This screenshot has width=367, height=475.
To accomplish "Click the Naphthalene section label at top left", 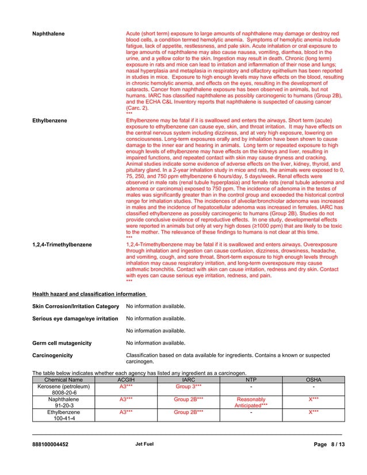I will tap(48, 35).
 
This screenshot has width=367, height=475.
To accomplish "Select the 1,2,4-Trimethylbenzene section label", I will tap(62, 245).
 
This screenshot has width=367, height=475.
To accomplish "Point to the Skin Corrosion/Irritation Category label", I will tap(75, 306).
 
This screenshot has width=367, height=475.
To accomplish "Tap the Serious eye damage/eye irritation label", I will tap(75, 319).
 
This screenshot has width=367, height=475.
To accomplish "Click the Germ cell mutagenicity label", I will tap(62, 343).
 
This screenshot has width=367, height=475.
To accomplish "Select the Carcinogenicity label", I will tap(52, 356).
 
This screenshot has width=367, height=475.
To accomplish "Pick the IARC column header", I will tap(188, 380).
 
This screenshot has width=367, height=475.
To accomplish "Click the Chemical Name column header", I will tap(63, 380).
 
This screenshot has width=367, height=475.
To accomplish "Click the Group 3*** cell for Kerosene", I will tap(188, 387).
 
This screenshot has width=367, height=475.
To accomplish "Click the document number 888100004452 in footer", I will tap(50, 445).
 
